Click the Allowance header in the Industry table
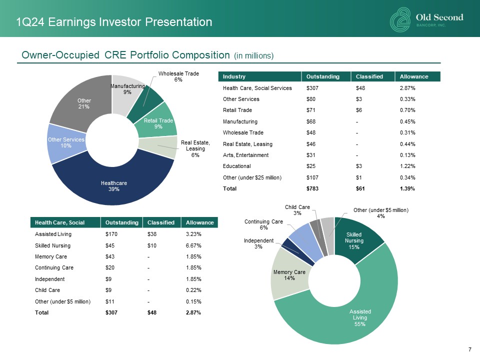click(413, 76)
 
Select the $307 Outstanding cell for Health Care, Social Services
click(312, 88)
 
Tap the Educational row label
click(236, 166)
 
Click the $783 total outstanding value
click(312, 188)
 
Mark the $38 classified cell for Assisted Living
click(151, 233)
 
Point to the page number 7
click(470, 349)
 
